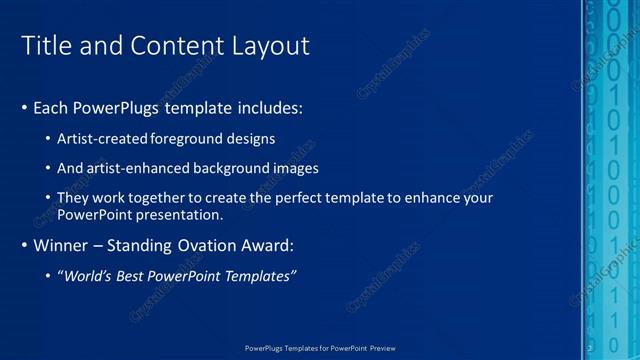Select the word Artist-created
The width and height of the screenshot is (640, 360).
pos(104,138)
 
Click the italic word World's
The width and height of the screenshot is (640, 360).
pos(85,275)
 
